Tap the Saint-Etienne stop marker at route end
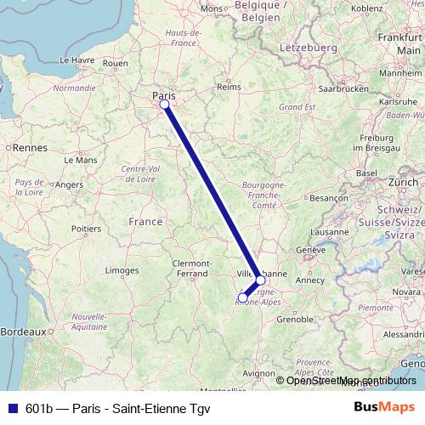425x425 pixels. (243, 297)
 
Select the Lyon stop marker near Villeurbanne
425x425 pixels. (260, 280)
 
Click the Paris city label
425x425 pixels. (162, 95)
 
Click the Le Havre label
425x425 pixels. (77, 60)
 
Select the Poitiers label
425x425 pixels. (87, 228)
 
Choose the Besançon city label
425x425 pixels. (327, 197)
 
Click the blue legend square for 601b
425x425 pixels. (10, 407)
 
